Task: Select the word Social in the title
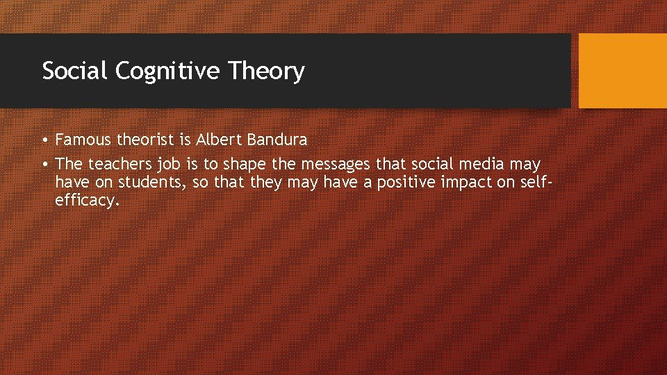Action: coord(74,71)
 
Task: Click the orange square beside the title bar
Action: coord(623,71)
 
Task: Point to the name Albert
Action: coord(217,140)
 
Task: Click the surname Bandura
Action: coord(275,140)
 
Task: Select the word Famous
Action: coord(83,140)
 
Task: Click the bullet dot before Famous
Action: coord(44,140)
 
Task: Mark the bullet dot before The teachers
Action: coord(44,164)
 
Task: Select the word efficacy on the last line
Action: coord(87,201)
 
